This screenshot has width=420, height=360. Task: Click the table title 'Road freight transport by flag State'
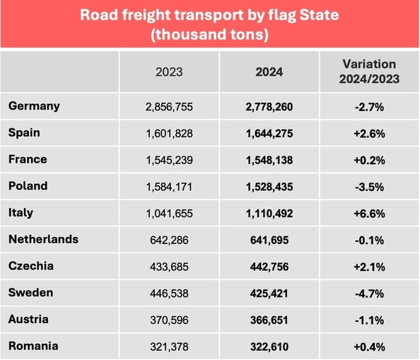(x=210, y=15)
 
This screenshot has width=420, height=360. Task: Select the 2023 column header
(x=168, y=71)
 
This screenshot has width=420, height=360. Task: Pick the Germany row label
(x=34, y=106)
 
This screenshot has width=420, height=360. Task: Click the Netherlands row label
(x=43, y=239)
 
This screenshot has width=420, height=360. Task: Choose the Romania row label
(x=33, y=346)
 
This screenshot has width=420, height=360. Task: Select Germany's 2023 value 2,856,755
(x=168, y=107)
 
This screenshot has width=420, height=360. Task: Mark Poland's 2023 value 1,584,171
(x=168, y=187)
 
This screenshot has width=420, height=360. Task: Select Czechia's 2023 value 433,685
(x=168, y=267)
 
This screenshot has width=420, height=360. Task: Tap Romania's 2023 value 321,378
(x=168, y=347)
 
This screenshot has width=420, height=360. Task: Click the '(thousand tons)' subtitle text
(x=210, y=34)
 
